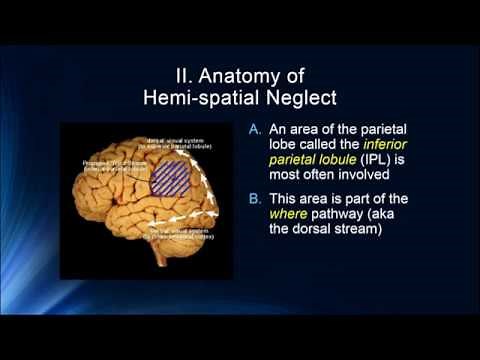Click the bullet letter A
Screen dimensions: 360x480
click(x=255, y=130)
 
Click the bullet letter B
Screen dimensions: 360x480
click(x=255, y=199)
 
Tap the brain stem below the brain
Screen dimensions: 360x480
click(x=171, y=258)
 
